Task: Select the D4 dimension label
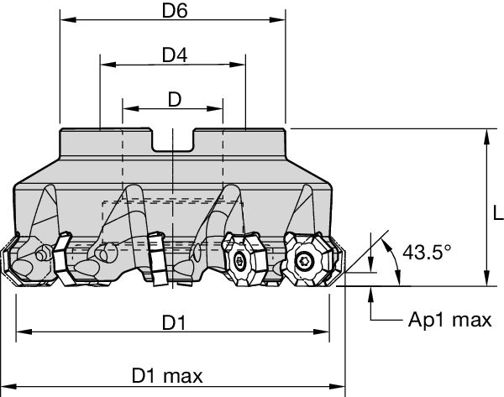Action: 174,55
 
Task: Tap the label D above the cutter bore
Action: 174,99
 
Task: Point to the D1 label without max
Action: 174,322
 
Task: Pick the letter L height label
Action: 496,206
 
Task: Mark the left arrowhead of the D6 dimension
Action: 65,20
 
